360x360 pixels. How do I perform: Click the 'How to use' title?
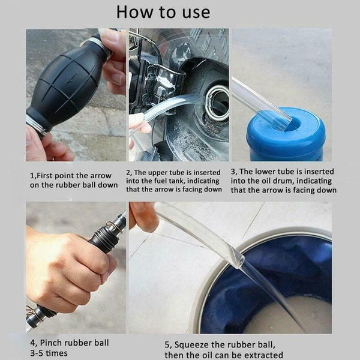[x=163, y=12]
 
